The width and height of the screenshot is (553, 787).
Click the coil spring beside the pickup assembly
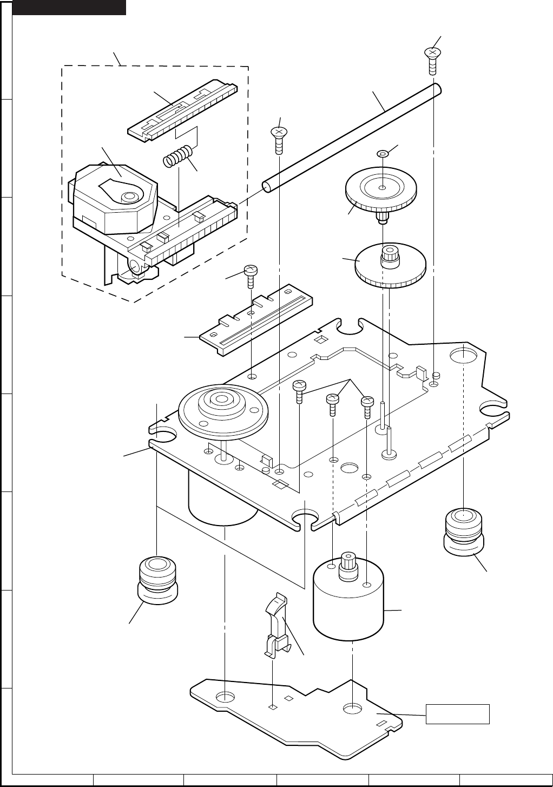coord(177,156)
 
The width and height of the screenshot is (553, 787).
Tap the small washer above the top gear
coord(382,154)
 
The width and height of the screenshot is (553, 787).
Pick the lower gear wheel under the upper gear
coord(390,267)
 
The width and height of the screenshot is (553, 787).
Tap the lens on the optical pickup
coord(129,196)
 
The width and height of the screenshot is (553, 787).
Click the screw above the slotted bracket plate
coord(251,276)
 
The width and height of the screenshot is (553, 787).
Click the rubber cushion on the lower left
coord(157,579)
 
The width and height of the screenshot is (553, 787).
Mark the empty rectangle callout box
coord(458,714)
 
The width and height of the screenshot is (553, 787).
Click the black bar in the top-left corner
coord(69,7)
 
